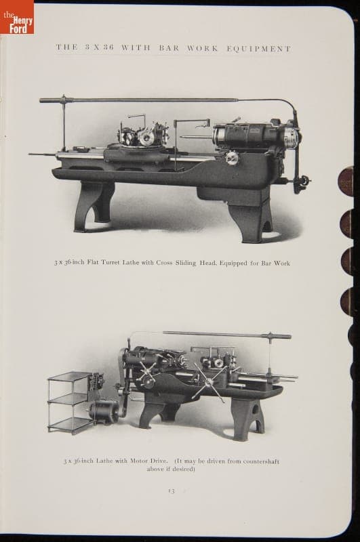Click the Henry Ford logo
[17, 18]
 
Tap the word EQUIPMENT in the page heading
[259, 49]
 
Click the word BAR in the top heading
[169, 48]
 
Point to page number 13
[172, 491]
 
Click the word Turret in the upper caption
[110, 262]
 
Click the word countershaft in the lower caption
[261, 461]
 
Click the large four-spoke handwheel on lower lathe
[209, 381]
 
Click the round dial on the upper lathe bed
[232, 158]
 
